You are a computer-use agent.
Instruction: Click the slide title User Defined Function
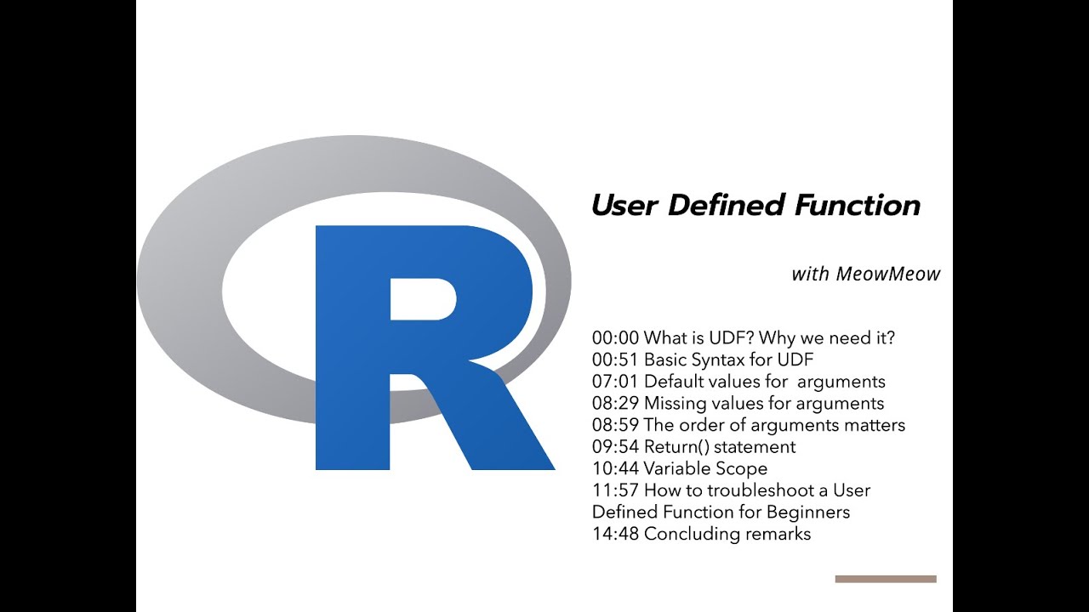tap(755, 206)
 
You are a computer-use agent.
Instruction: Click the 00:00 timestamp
tap(615, 338)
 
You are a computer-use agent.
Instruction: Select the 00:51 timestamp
tap(615, 360)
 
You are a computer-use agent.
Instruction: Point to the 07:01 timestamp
tap(615, 382)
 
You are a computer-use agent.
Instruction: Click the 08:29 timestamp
tap(615, 404)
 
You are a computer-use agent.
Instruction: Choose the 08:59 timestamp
tap(615, 425)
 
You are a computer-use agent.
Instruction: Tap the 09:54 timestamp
tap(615, 447)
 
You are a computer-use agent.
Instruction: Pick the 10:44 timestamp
tap(615, 469)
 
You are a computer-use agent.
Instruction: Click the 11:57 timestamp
tap(615, 490)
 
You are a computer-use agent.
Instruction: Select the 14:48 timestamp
tap(615, 535)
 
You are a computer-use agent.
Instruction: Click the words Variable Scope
tap(705, 469)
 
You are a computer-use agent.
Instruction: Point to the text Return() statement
tap(720, 447)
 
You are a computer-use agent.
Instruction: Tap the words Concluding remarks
tap(727, 535)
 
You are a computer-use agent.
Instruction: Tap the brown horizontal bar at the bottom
tap(886, 579)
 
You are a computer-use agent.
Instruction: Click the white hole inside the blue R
tap(423, 299)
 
